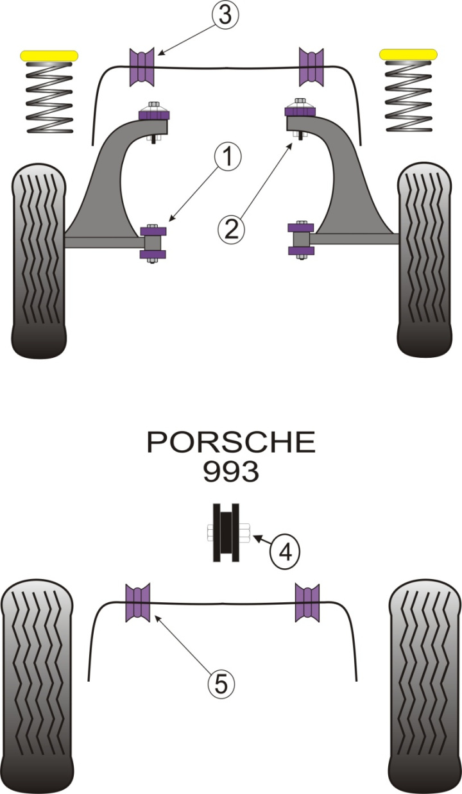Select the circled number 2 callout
pos(231,228)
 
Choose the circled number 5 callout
pos(221,684)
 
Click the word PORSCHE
pos(231,442)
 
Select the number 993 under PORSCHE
pos(231,472)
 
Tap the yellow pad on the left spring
pos(49,56)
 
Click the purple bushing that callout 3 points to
pos(143,67)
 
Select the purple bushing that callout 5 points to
pos(137,603)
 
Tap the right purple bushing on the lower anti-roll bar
pos(307,603)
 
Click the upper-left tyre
pos(38,260)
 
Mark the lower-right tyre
pos(425,686)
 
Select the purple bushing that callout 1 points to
pos(153,242)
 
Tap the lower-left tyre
pos(36,686)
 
